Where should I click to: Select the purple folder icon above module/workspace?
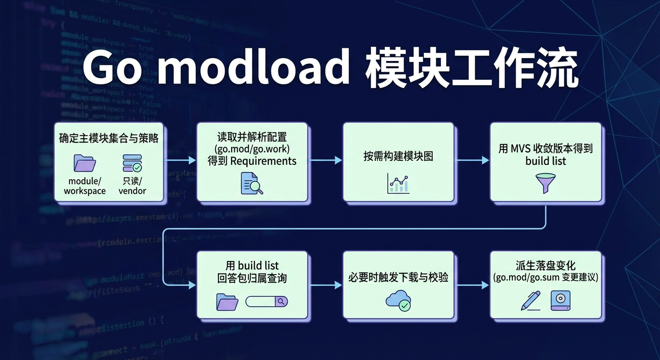85,163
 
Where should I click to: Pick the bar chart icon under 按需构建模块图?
398,183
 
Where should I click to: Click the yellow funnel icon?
545,183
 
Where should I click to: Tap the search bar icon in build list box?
266,301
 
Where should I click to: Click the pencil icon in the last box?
531,300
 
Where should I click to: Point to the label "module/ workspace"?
85,186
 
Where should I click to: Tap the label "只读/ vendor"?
132,186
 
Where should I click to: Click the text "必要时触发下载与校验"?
398,277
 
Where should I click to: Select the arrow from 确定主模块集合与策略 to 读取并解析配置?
180,160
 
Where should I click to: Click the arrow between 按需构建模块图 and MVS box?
472,160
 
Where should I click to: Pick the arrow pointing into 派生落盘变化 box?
472,285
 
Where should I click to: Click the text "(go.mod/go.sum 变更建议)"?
546,277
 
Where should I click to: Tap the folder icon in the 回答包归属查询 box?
227,302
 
